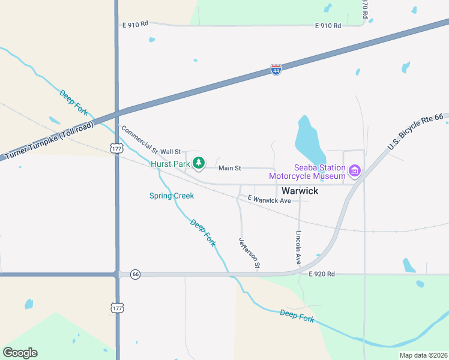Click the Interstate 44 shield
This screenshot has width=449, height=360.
click(276, 70)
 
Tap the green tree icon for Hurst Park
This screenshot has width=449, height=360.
click(199, 163)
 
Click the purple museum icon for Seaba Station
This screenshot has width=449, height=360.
click(355, 172)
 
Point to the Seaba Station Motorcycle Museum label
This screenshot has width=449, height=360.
click(307, 172)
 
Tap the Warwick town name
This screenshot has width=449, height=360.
click(300, 191)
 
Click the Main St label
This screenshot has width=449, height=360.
click(229, 169)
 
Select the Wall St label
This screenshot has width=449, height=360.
click(170, 152)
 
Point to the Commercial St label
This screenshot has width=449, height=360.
click(139, 139)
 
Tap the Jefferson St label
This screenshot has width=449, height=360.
click(250, 253)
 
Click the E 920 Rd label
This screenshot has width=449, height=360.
click(321, 274)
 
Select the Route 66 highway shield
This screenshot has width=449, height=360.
click(135, 274)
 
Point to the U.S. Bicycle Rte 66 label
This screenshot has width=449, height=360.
click(415, 133)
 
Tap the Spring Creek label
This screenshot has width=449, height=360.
click(172, 196)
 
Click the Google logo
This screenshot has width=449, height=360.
click(20, 353)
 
